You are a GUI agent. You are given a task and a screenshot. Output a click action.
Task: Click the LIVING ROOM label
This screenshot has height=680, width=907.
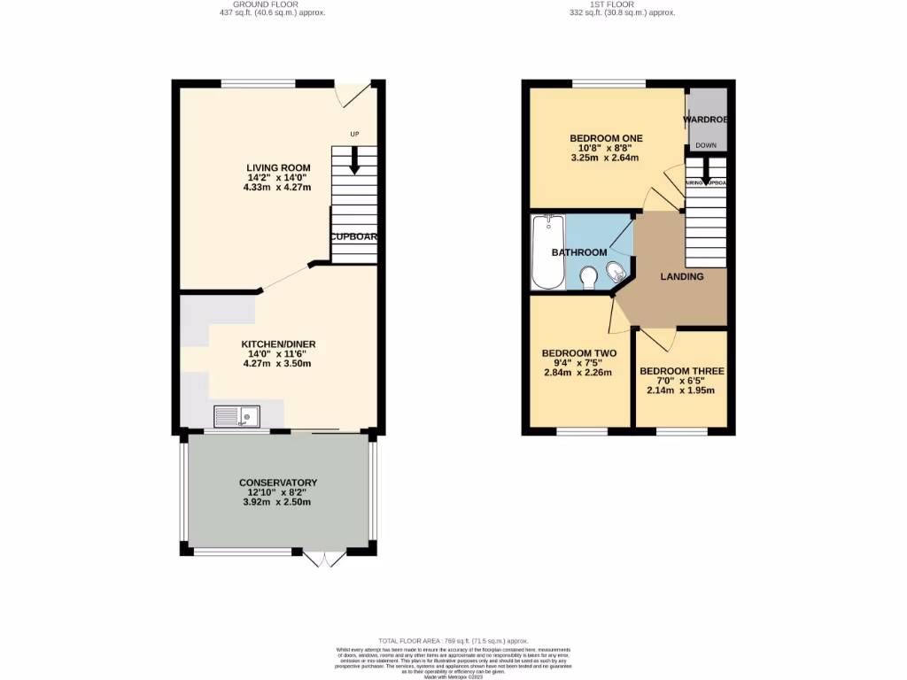coord(278,167)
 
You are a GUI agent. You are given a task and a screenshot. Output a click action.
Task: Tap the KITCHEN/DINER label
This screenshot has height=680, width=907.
coord(278,344)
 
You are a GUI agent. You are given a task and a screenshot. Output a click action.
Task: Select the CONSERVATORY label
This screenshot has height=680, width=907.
coord(278,483)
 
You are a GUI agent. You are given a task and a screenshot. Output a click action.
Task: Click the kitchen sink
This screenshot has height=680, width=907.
coord(236,414)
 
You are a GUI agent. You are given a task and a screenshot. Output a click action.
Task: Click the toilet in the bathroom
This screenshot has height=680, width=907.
coord(587,278)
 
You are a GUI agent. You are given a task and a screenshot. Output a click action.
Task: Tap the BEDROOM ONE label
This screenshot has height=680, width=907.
coord(606,138)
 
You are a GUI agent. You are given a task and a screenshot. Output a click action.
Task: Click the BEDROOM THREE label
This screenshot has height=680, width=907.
coord(681,371)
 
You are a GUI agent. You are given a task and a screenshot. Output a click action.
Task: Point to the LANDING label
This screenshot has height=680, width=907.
coord(682,276)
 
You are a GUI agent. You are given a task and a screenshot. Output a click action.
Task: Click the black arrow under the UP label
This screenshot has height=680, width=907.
coord(354,160)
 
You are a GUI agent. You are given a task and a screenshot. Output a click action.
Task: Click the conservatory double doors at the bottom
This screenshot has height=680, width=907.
coord(324,559)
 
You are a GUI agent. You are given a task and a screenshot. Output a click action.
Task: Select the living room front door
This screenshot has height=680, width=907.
coord(353,92)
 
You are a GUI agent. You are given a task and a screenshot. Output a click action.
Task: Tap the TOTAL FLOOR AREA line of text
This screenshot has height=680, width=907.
coord(453,640)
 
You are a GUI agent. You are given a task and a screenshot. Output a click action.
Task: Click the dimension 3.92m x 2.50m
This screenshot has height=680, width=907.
coord(278,502)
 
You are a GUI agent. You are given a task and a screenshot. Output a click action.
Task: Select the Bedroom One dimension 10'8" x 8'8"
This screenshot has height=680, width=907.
coord(606,149)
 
